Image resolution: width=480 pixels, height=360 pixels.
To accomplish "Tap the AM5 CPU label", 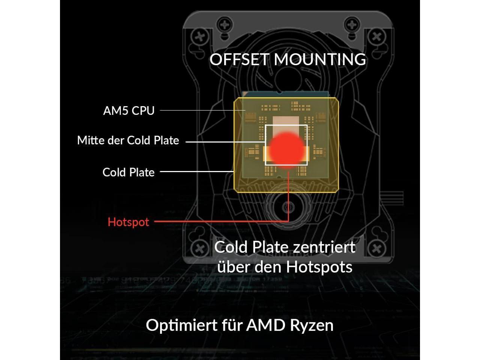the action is tap(129, 111).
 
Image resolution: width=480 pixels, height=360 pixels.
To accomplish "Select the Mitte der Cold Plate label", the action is tap(128, 141).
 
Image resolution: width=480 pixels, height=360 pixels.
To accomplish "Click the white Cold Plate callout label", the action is tap(128, 172).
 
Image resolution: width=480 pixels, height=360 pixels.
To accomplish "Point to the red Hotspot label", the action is tap(128, 222).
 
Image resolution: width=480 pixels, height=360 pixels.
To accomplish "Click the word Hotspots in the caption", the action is tap(319, 267).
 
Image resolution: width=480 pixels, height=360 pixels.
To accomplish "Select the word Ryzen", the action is tap(312, 325).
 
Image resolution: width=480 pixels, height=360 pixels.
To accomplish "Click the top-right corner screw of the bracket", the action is tap(376, 37).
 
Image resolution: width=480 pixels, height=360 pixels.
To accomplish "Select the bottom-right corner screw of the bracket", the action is tap(376, 248).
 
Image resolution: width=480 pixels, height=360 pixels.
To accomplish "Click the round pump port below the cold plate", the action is tap(288, 207).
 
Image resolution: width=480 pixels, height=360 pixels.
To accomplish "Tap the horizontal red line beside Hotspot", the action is tap(221, 221).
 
